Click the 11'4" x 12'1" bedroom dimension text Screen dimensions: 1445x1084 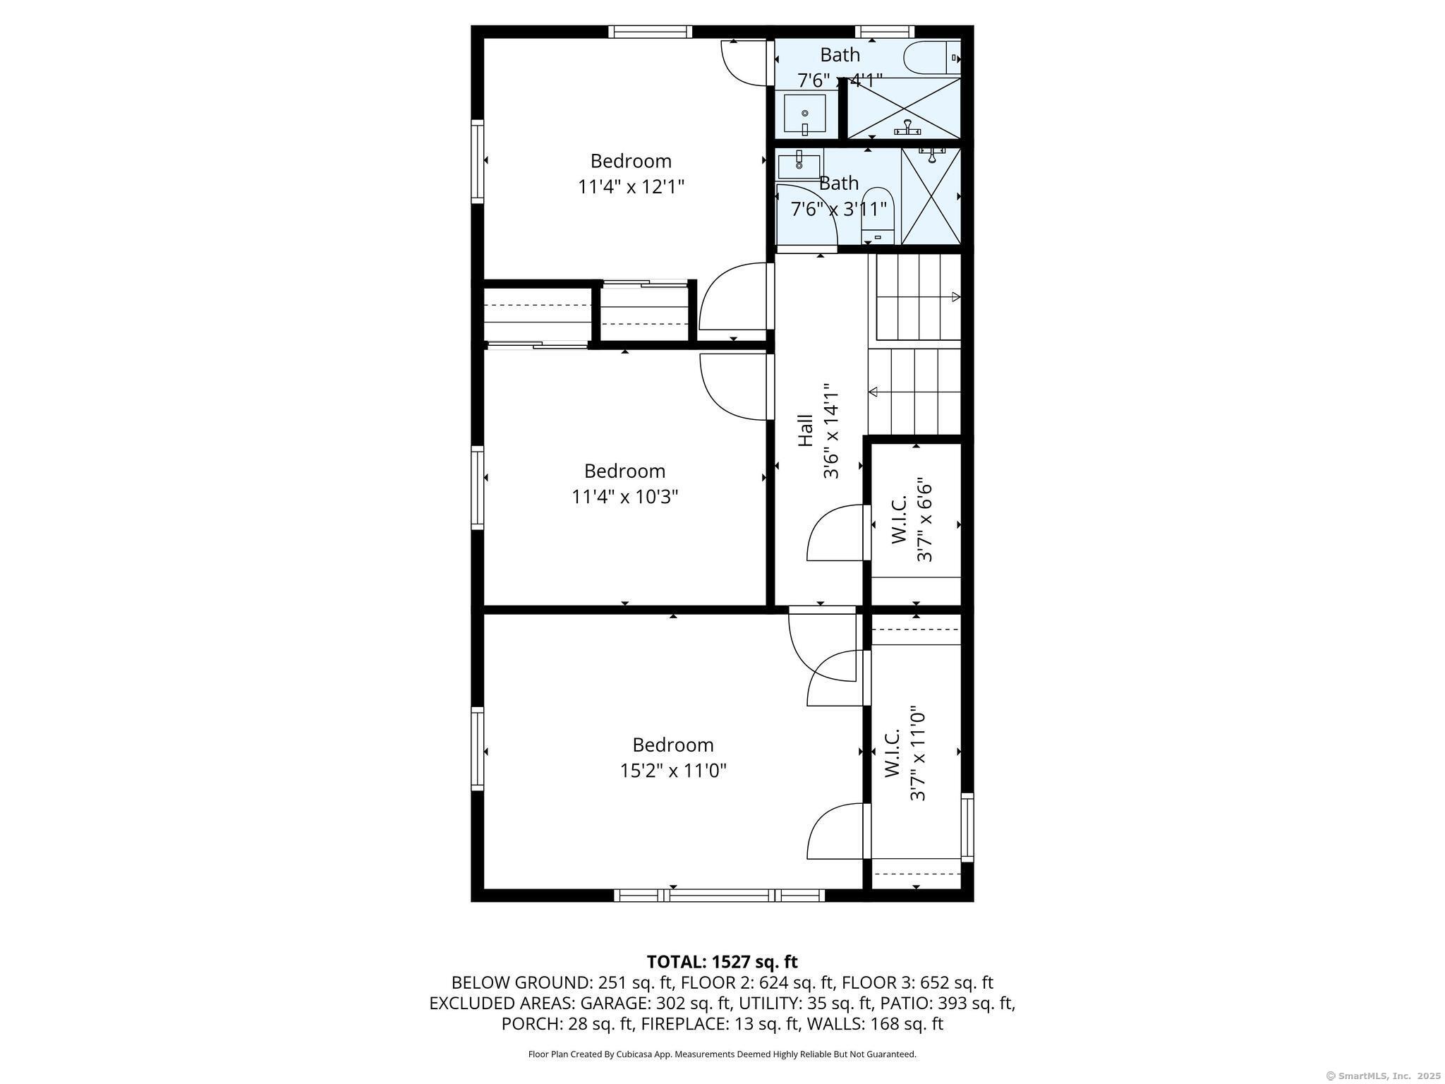[631, 187]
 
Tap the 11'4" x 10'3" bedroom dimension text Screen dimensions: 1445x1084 [624, 497]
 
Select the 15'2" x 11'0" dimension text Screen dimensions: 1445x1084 [673, 771]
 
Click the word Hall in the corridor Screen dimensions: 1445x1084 [805, 430]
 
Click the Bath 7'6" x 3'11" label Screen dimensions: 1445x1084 [839, 196]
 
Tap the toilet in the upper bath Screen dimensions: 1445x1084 [933, 58]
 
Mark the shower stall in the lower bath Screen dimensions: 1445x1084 [931, 196]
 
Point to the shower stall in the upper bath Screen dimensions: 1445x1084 [904, 108]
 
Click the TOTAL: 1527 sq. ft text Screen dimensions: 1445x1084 [722, 962]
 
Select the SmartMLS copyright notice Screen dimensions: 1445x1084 [1384, 1076]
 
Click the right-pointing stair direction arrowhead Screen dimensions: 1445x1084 [956, 297]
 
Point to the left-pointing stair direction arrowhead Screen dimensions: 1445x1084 [873, 392]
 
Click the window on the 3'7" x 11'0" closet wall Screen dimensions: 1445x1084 [967, 827]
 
